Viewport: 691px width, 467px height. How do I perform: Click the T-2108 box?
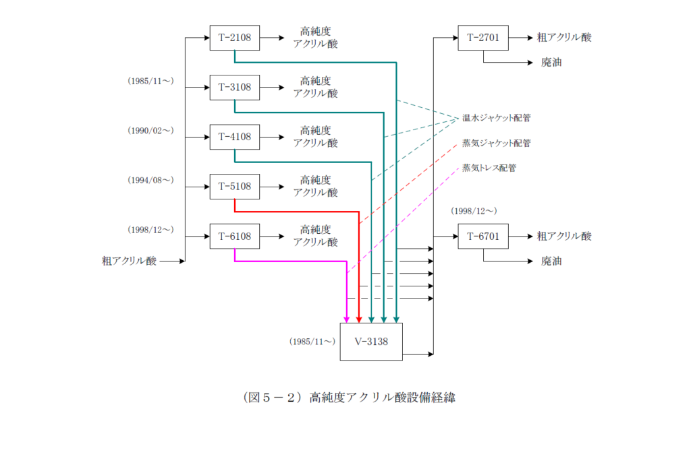[x=234, y=38]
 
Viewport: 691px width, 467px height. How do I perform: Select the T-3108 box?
[x=234, y=88]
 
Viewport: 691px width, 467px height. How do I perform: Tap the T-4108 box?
[x=234, y=137]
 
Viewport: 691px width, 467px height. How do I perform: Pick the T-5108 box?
[x=234, y=187]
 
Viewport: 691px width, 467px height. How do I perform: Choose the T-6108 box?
[x=234, y=237]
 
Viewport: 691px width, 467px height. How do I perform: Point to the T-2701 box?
[x=482, y=38]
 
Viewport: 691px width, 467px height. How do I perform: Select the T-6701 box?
[x=482, y=237]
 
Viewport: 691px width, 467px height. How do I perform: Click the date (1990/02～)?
[x=150, y=131]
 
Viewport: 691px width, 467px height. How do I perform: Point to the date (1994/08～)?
[x=150, y=181]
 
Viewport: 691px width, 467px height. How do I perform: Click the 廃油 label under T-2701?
[x=551, y=63]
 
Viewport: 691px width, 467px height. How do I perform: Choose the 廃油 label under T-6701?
[x=551, y=261]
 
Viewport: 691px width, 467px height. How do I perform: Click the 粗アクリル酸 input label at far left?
[x=129, y=261]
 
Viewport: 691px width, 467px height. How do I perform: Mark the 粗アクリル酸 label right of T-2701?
[x=564, y=38]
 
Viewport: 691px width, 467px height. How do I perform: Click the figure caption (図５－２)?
[x=348, y=398]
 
